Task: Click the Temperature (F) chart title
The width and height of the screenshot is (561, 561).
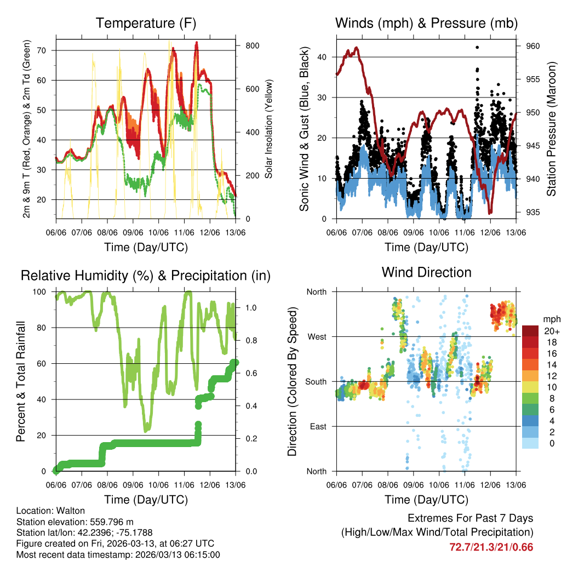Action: [x=146, y=23]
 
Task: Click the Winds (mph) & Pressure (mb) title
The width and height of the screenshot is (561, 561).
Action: [x=426, y=23]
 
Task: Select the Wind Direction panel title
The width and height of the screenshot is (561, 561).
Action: [x=426, y=272]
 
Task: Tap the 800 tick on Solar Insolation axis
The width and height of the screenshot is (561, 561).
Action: [x=252, y=45]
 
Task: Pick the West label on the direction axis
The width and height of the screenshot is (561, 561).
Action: [x=316, y=336]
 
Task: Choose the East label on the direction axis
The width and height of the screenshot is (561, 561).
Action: [x=317, y=426]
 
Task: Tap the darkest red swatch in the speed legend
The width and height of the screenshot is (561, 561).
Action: [x=530, y=330]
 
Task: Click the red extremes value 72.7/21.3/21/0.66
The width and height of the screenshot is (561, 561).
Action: [x=491, y=547]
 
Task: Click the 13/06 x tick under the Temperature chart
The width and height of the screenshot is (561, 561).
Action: [x=236, y=232]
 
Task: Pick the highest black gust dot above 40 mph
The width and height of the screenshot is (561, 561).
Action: [x=477, y=47]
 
